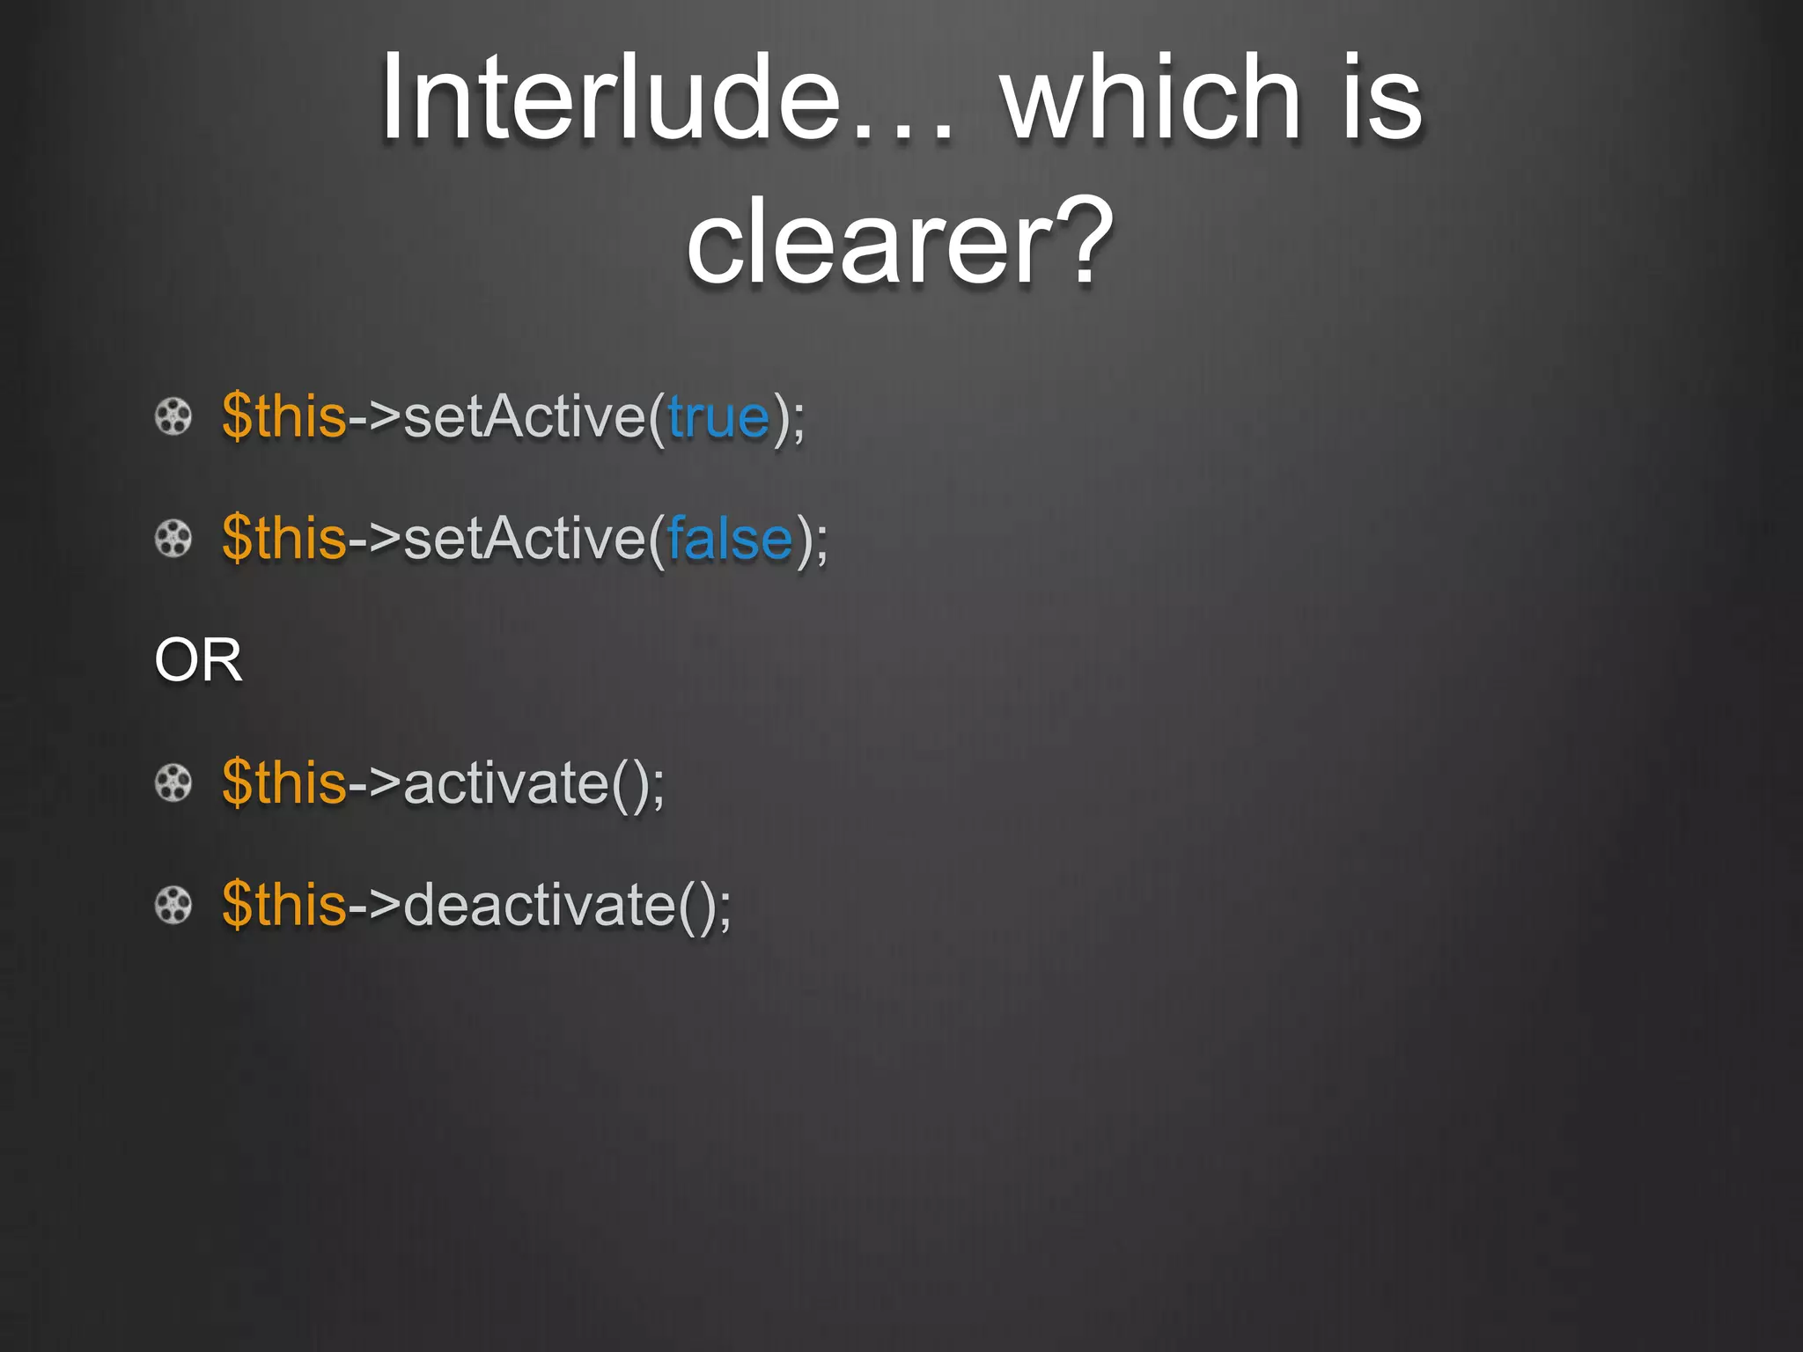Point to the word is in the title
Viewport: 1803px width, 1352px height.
click(x=1382, y=97)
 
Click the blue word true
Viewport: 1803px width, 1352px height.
click(x=718, y=416)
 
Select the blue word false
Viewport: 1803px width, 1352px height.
click(x=730, y=539)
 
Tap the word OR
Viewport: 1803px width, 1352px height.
click(x=198, y=660)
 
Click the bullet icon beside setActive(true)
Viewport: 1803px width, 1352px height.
click(x=173, y=416)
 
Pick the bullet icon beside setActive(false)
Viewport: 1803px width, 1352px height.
click(x=173, y=539)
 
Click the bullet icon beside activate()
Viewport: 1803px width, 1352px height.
click(x=173, y=783)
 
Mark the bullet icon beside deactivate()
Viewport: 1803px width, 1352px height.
click(x=173, y=905)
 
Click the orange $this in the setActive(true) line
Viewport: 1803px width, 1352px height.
click(x=284, y=416)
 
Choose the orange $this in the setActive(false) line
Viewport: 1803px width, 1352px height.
click(x=284, y=539)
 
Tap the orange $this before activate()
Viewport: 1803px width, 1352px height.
click(x=284, y=783)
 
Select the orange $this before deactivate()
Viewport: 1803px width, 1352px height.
click(x=284, y=905)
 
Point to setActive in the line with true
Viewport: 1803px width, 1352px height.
click(x=525, y=416)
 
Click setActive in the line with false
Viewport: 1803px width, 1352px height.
click(x=525, y=539)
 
